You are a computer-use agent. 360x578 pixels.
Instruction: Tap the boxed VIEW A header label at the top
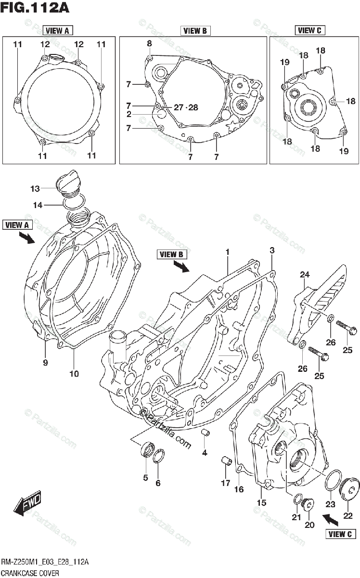pyautogui.click(x=57, y=31)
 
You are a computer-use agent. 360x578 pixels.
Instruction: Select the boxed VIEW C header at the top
pyautogui.click(x=309, y=30)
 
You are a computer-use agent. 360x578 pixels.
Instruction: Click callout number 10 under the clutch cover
pyautogui.click(x=74, y=373)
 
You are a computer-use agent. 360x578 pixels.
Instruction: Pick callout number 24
pyautogui.click(x=304, y=275)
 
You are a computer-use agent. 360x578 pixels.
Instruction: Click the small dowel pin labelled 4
pyautogui.click(x=206, y=432)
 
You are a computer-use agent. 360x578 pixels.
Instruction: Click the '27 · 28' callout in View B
pyautogui.click(x=186, y=107)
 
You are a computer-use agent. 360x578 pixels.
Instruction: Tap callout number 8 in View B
pyautogui.click(x=149, y=43)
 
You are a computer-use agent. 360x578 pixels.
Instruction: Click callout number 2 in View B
pyautogui.click(x=129, y=114)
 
